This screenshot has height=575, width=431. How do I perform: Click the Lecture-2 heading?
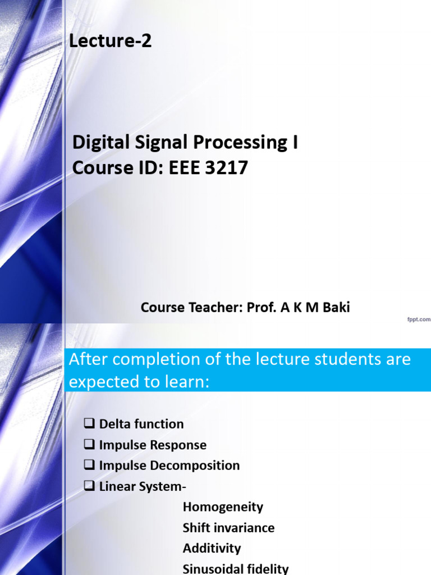pos(110,41)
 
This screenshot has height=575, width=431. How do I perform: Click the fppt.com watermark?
pos(418,320)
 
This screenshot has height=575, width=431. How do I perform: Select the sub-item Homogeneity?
pos(223,507)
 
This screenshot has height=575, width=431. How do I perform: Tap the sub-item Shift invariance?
pos(228,528)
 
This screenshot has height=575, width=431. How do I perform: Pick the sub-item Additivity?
pos(212,548)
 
